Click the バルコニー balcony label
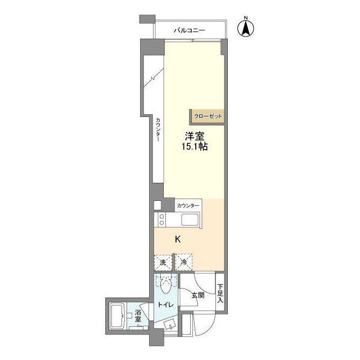(x=189, y=30)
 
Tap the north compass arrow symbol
(x=246, y=28)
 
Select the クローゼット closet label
(x=208, y=116)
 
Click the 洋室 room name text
(x=195, y=136)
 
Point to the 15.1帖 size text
(x=195, y=146)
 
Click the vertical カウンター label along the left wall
(x=158, y=130)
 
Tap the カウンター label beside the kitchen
(x=188, y=206)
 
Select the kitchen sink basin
(x=190, y=220)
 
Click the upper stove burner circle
(x=161, y=216)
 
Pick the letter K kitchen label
(x=178, y=240)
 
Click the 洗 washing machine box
(x=163, y=263)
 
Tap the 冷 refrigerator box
(x=184, y=262)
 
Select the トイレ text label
(x=165, y=305)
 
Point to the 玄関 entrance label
(x=198, y=295)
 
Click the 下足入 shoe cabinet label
(x=220, y=293)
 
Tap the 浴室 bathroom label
(x=138, y=316)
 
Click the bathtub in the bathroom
(x=118, y=316)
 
